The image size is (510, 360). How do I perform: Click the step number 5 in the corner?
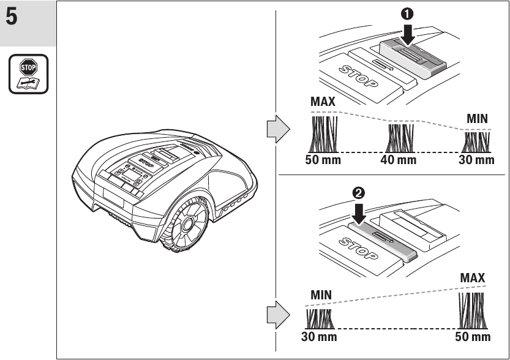tap(12, 17)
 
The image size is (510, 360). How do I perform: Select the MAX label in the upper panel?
tap(323, 102)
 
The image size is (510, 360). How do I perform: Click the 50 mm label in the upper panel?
tap(323, 160)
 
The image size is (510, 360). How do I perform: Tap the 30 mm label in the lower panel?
tap(318, 337)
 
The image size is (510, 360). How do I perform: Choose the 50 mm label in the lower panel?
tap(473, 337)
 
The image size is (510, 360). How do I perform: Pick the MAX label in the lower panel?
tap(472, 278)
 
